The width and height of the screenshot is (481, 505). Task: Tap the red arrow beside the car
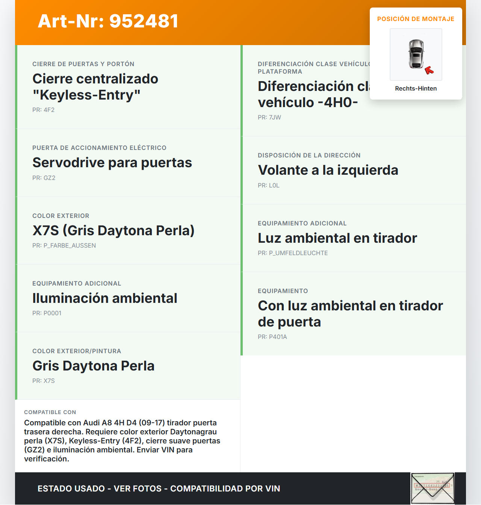[x=429, y=70]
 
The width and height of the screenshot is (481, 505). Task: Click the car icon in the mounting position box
[x=416, y=54]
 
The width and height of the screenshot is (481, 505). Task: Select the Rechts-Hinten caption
[x=416, y=88]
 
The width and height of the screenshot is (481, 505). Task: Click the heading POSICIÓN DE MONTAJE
[x=416, y=19]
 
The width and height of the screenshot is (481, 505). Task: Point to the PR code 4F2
[x=44, y=110]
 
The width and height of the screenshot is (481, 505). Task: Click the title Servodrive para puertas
[x=112, y=163]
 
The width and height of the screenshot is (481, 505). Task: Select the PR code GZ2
[x=44, y=178]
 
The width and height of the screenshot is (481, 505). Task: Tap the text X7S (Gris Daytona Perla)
[x=113, y=230]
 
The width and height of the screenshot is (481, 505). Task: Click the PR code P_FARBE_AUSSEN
[x=64, y=245]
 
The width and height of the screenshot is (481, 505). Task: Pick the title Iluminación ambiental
[x=104, y=298]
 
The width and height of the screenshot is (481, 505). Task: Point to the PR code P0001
[x=47, y=313]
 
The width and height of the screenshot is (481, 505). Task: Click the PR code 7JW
[x=269, y=117]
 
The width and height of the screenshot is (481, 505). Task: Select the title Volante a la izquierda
[x=328, y=170]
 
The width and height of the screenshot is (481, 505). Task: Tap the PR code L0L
[x=269, y=185]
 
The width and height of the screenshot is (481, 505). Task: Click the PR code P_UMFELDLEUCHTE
[x=293, y=253]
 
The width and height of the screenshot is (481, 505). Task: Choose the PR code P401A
[x=272, y=337]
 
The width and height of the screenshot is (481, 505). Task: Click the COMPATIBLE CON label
[x=50, y=412]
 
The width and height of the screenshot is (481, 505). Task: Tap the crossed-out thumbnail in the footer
[x=433, y=488]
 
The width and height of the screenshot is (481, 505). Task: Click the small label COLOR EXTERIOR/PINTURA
[x=77, y=351]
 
